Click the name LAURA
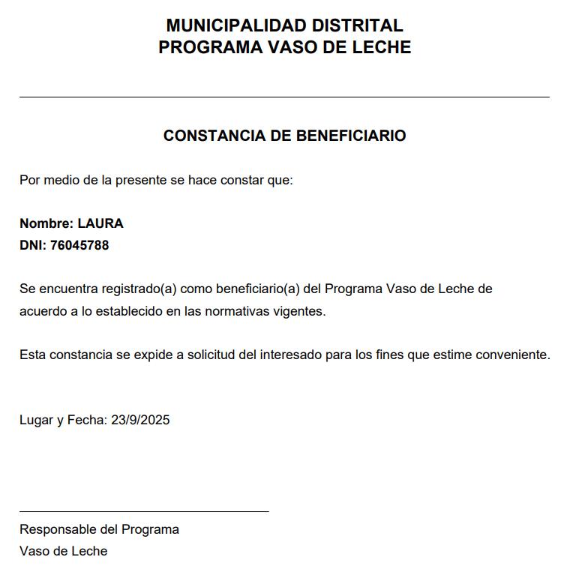point(100,223)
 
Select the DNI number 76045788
point(79,245)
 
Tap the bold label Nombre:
point(46,223)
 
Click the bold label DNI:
point(33,245)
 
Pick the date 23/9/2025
point(140,420)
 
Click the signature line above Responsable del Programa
point(144,511)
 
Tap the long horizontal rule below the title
point(284,97)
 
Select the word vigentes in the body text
point(300,311)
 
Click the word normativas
point(238,311)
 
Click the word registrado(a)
point(138,289)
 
